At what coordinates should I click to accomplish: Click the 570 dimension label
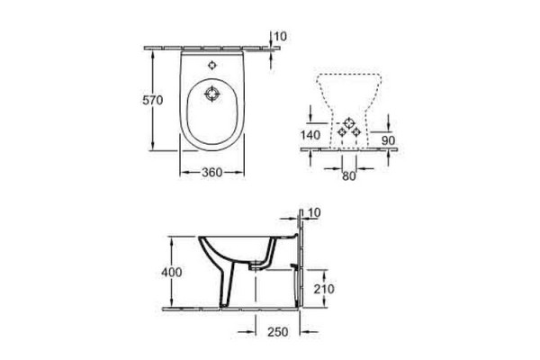pos(153,100)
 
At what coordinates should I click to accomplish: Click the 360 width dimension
pos(211,172)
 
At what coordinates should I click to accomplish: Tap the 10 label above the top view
pos(280,37)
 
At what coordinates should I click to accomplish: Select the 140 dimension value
pos(310,135)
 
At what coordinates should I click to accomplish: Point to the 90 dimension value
pos(388,140)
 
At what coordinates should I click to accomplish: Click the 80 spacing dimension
pos(349,176)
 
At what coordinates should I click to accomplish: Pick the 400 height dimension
pos(172,272)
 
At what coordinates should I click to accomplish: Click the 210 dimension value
pos(324,289)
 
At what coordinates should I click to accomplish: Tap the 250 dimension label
pos(278,332)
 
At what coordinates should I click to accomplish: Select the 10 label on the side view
pos(314,213)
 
